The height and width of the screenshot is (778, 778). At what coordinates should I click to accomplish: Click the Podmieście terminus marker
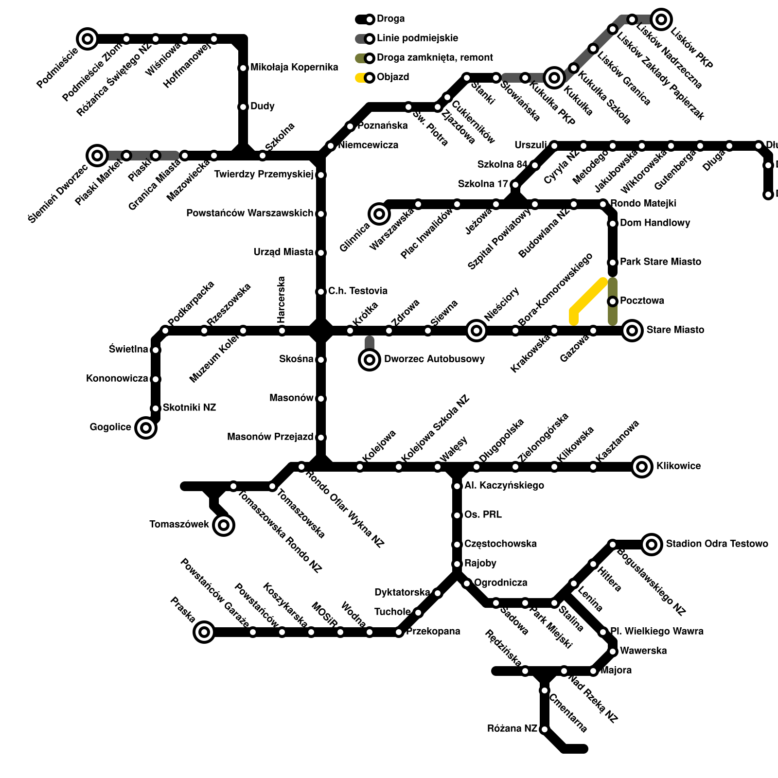(x=88, y=38)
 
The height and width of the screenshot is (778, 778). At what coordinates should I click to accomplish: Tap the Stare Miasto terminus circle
(x=632, y=331)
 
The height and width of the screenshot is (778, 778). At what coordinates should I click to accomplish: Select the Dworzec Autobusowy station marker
(x=370, y=360)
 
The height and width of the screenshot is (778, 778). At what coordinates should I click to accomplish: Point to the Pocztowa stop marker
(x=613, y=301)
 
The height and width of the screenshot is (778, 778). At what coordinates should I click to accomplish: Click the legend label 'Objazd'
(x=393, y=77)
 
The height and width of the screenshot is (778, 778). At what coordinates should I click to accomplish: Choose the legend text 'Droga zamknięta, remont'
(x=435, y=58)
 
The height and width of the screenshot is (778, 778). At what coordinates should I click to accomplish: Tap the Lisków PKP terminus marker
(x=661, y=19)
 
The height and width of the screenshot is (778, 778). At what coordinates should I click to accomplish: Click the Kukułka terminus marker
(x=554, y=77)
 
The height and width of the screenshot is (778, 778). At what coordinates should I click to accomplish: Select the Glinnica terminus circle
(x=379, y=213)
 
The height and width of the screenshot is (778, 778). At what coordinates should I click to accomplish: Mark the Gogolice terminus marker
(x=146, y=428)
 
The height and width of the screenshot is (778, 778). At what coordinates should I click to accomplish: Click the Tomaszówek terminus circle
(x=224, y=525)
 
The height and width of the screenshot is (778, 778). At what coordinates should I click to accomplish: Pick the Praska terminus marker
(x=204, y=632)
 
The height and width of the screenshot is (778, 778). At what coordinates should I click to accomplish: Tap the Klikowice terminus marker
(x=642, y=467)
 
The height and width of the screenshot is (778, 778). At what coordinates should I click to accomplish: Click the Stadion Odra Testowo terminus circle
(x=652, y=544)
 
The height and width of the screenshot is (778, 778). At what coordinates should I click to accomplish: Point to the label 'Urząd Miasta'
(x=283, y=252)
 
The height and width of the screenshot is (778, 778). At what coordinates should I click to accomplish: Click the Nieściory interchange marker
(x=477, y=331)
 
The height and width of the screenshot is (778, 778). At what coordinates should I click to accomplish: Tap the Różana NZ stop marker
(x=545, y=729)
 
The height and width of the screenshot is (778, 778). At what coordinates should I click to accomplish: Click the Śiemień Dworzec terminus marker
(x=97, y=156)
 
